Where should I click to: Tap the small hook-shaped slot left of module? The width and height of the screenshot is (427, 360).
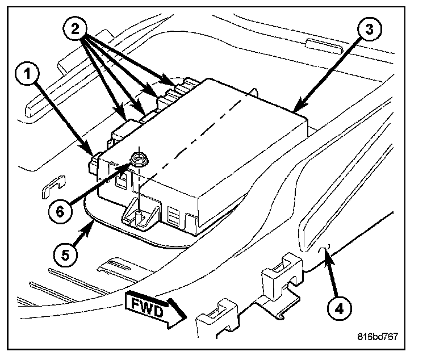point(52,187)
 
